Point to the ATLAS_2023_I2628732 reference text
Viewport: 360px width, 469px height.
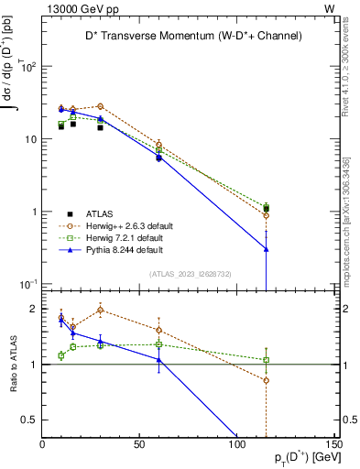190,273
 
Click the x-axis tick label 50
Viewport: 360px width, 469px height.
139,444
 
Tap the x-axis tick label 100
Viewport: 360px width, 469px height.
236,444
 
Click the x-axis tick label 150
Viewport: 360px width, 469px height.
332,444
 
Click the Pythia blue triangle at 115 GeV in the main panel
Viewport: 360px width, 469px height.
266,249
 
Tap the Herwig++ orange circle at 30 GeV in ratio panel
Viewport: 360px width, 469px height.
100,310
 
